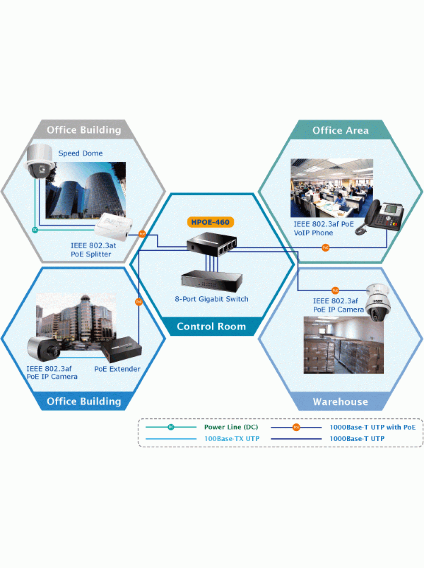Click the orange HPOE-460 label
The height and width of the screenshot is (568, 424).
(x=210, y=222)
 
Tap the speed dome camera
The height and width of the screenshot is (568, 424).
(x=39, y=161)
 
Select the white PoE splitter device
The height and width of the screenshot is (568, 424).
(x=114, y=227)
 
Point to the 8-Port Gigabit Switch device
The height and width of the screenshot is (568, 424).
(x=212, y=281)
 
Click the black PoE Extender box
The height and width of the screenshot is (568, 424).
(x=121, y=349)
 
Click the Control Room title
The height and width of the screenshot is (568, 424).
(x=211, y=326)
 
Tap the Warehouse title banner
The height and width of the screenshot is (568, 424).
(x=340, y=401)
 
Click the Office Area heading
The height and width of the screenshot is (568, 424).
(x=340, y=131)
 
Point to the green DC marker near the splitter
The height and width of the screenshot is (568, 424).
(x=35, y=229)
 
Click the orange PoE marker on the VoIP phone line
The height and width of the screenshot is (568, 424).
(x=325, y=248)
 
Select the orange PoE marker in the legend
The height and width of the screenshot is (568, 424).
(x=296, y=427)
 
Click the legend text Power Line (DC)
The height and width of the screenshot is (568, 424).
(x=231, y=427)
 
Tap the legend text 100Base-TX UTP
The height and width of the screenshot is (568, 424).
(x=232, y=439)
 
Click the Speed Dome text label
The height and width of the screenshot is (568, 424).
(x=81, y=153)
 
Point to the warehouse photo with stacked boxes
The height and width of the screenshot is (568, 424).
(x=343, y=345)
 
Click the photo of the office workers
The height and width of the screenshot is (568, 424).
(x=332, y=188)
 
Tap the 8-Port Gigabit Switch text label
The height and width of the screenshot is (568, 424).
(x=212, y=299)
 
